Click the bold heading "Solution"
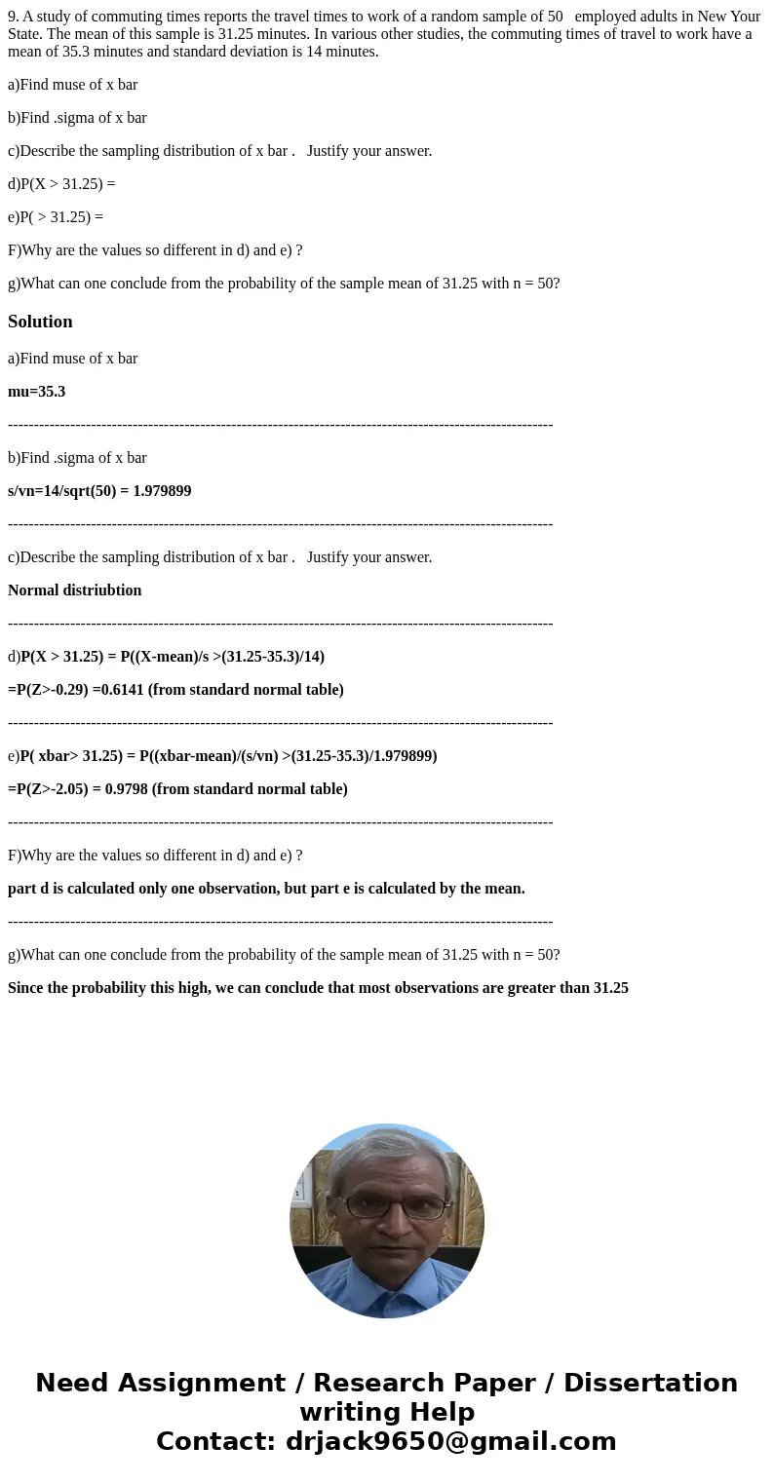40,322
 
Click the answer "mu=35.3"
36,392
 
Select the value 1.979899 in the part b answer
161,491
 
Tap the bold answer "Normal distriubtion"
75,590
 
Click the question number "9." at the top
14,17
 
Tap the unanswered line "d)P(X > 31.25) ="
61,184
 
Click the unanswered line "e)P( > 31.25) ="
56,217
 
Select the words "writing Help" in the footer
387,1413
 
